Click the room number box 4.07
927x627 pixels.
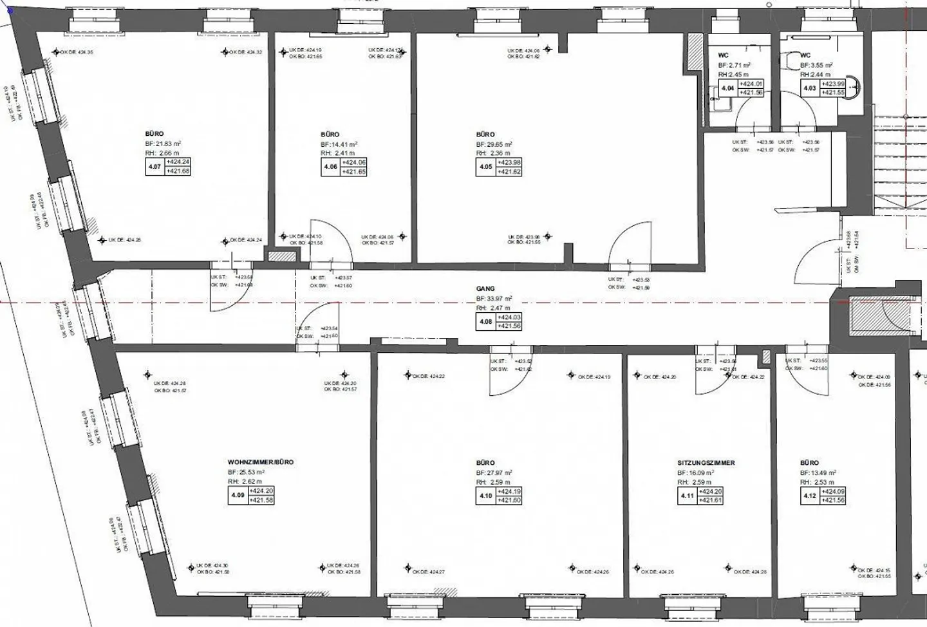(x=154, y=167)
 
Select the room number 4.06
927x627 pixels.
(x=330, y=167)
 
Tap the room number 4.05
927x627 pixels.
(x=485, y=167)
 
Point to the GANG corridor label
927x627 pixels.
(x=485, y=289)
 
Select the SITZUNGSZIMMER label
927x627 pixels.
(x=706, y=463)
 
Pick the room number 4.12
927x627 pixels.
(x=809, y=496)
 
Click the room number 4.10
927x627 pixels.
(x=485, y=496)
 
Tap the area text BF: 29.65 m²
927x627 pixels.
(x=494, y=144)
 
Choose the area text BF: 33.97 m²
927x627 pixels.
(x=494, y=299)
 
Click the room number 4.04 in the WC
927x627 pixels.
(x=727, y=88)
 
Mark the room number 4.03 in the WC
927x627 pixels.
(x=809, y=88)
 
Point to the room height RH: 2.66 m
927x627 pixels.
(x=163, y=153)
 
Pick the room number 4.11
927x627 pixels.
(x=687, y=496)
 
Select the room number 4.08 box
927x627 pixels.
(x=485, y=321)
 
